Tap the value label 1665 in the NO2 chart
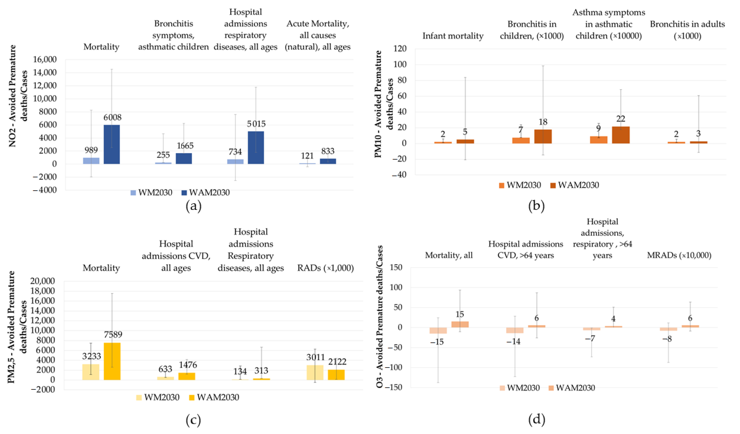[185, 146]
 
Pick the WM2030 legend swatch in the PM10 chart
[502, 185]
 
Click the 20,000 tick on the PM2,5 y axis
[42, 281]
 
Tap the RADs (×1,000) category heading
[325, 268]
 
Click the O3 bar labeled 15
[460, 324]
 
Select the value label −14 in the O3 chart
[513, 342]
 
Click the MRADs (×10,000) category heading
[679, 255]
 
